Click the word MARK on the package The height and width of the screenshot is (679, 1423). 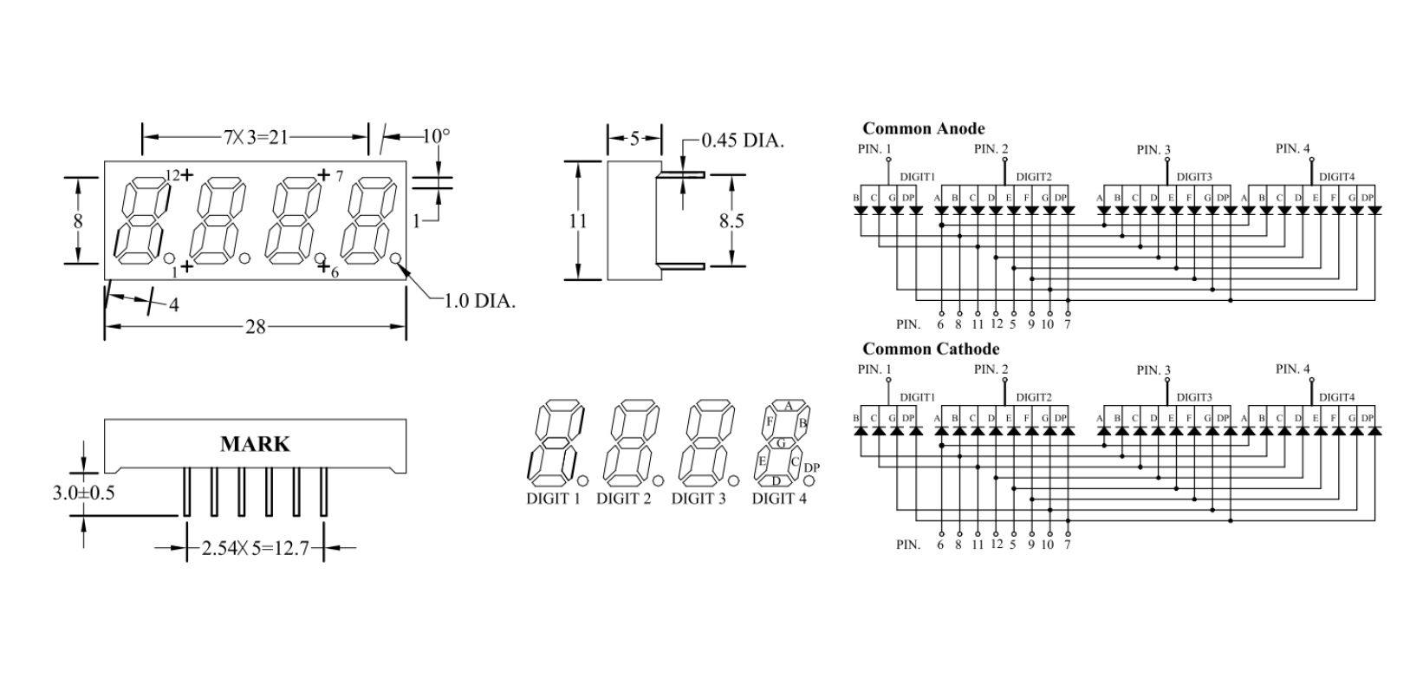point(255,444)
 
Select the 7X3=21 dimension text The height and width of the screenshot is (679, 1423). point(254,137)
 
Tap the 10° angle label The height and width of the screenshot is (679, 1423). point(436,136)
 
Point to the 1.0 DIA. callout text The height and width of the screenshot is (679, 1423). point(479,302)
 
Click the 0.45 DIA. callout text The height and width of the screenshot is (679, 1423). point(742,140)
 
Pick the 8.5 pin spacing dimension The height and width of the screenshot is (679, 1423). point(731,220)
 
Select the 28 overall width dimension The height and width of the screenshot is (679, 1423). point(256,327)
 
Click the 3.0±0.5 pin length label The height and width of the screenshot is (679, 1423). point(84,493)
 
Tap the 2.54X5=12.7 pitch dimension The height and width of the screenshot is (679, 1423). point(256,548)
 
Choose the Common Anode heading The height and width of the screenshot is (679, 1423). point(924,128)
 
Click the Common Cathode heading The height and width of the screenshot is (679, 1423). point(931,349)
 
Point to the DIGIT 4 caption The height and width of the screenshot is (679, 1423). point(779,499)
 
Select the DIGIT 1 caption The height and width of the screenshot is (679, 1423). point(553,499)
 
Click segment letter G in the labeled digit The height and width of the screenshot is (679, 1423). point(780,443)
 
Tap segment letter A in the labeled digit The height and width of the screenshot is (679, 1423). point(788,405)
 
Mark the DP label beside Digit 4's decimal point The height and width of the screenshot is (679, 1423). point(812,468)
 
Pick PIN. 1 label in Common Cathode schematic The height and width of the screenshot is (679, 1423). point(874,369)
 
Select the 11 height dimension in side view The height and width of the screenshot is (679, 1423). point(578,220)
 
